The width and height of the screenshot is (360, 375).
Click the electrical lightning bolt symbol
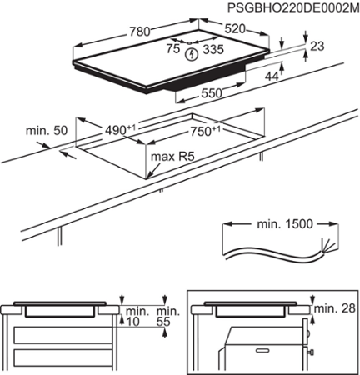pos(194,53)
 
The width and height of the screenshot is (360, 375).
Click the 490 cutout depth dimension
pos(120,129)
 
